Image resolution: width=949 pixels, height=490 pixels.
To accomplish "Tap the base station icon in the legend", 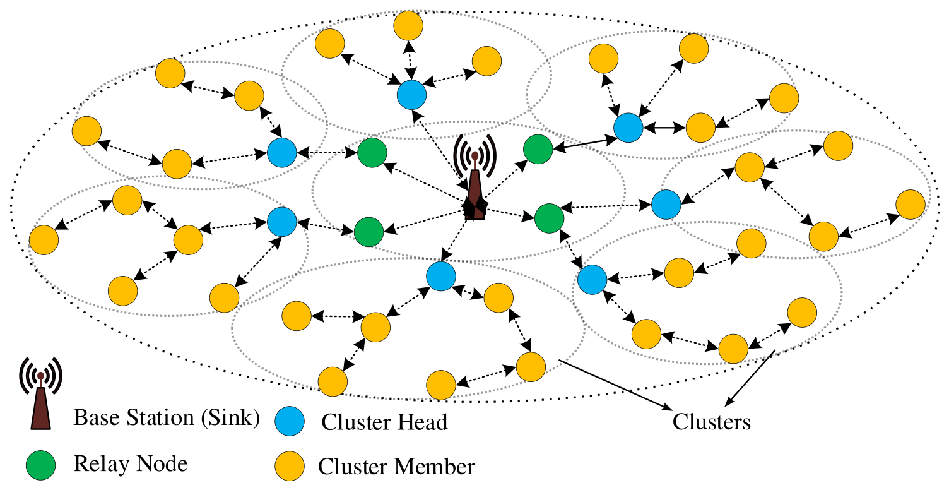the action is click(40, 394).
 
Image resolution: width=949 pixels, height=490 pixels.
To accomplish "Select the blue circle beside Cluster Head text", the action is click(290, 421).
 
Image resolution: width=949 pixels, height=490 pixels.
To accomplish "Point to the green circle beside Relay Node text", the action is click(40, 465).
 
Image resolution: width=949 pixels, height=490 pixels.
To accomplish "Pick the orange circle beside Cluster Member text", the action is click(290, 466).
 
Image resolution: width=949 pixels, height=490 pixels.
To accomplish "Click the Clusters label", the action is click(711, 422).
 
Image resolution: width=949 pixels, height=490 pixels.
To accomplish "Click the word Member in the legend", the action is click(435, 467).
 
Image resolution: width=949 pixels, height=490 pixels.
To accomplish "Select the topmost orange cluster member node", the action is click(408, 25).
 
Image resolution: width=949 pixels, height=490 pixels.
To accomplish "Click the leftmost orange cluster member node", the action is click(44, 240).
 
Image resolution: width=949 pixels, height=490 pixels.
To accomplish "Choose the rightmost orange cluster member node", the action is click(911, 205).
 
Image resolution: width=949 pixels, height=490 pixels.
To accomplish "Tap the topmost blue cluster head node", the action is click(412, 95).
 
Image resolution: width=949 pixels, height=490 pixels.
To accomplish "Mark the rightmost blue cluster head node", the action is click(666, 205).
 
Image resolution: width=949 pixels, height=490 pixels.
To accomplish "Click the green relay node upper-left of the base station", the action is click(372, 153).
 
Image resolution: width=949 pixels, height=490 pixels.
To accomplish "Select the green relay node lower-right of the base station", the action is click(550, 218).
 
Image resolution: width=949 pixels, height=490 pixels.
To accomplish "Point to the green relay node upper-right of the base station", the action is click(538, 149).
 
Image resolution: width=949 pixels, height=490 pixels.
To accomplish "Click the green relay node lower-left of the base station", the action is click(368, 232).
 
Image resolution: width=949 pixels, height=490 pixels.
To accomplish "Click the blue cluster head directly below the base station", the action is click(441, 277).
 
